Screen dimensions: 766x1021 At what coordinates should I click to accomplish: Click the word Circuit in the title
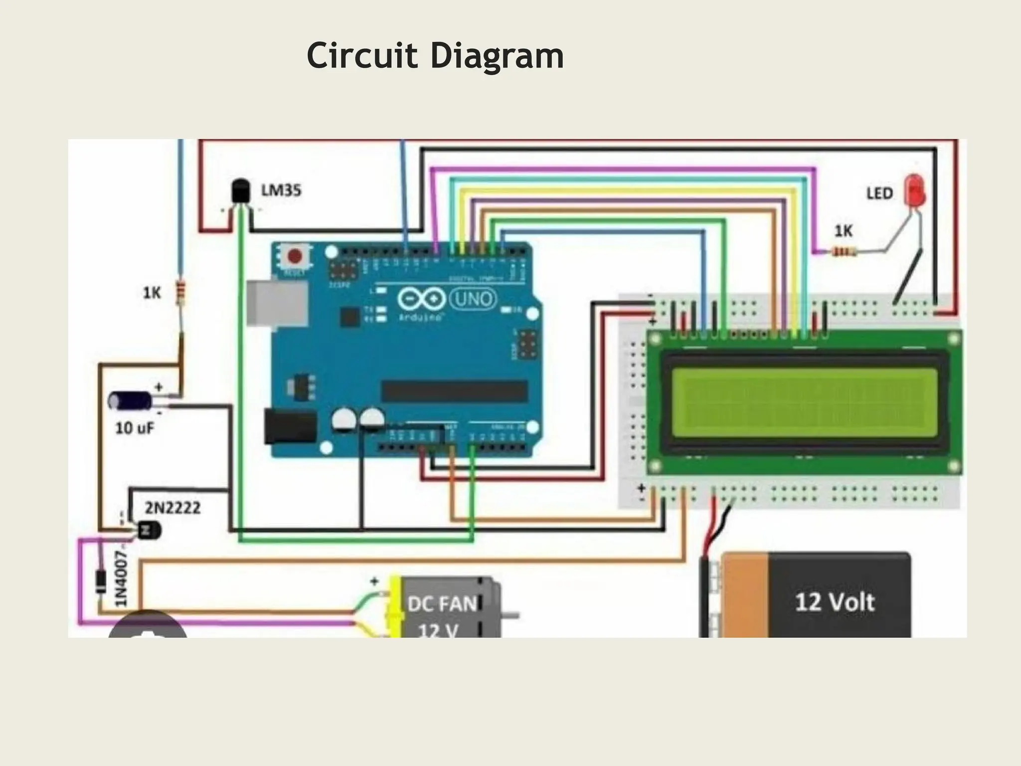point(361,55)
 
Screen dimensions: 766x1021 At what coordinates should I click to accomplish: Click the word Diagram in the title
point(497,56)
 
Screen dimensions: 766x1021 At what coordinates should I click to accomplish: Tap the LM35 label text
point(281,191)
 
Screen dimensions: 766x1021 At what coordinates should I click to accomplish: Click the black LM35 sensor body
point(240,192)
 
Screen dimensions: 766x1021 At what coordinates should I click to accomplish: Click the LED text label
point(879,193)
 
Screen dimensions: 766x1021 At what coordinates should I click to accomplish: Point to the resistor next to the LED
point(844,252)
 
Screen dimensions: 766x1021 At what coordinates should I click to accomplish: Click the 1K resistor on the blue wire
point(180,293)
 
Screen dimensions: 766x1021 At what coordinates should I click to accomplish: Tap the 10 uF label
point(135,428)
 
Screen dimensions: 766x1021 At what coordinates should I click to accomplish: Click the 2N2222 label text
point(172,508)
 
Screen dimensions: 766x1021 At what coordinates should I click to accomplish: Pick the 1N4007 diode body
point(101,582)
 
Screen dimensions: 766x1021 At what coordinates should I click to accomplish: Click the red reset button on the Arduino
point(295,256)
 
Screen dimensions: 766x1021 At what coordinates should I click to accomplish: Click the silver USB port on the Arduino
point(277,304)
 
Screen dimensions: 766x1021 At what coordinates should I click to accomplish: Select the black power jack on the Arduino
point(290,426)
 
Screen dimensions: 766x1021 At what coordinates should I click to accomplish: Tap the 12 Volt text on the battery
point(835,602)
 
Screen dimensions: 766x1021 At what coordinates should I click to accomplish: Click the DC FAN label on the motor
point(442,604)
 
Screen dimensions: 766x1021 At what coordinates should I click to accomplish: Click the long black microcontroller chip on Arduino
point(454,390)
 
